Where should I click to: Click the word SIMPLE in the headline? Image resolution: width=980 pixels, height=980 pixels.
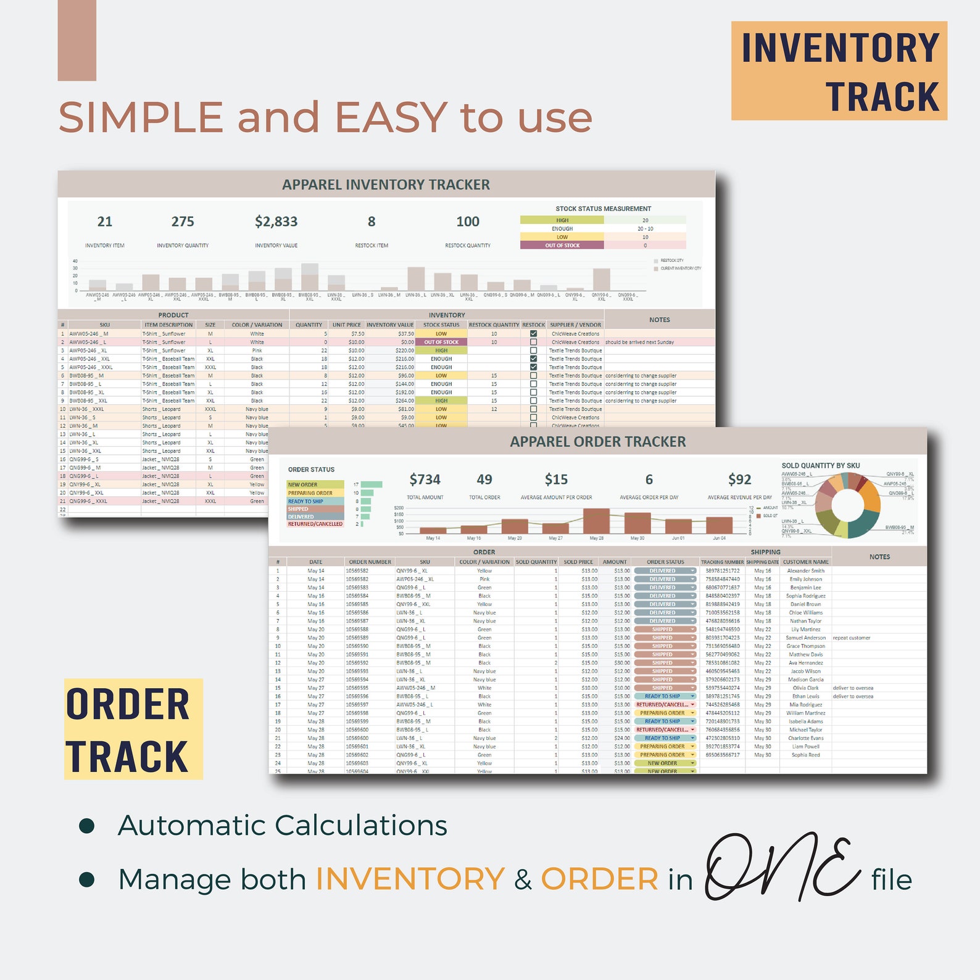click(x=141, y=117)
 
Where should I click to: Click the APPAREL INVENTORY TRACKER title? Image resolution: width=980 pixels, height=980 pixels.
click(x=386, y=185)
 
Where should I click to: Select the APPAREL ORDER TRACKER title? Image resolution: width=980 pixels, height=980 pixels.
click(x=597, y=442)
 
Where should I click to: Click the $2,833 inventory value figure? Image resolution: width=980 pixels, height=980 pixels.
click(x=276, y=222)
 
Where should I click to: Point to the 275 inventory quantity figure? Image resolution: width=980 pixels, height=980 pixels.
click(x=183, y=222)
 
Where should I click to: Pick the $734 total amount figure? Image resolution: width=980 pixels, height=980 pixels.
click(x=425, y=480)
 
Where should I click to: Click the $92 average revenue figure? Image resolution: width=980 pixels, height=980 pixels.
click(x=739, y=480)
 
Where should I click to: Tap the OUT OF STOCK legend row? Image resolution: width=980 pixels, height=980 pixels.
click(x=562, y=246)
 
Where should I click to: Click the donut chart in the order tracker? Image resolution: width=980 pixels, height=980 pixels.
click(x=848, y=505)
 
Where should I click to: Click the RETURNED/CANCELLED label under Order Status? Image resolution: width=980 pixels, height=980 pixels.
click(x=315, y=524)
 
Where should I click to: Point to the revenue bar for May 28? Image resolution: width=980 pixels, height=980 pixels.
click(x=596, y=521)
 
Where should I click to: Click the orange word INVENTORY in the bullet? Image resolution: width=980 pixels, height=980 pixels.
click(x=410, y=879)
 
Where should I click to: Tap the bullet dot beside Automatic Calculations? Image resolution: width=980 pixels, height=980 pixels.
click(x=87, y=826)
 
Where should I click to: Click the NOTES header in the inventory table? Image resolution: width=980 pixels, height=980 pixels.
click(x=659, y=320)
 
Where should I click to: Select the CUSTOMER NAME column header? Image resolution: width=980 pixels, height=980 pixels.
click(x=805, y=562)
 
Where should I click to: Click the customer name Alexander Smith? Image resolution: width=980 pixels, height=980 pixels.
click(x=805, y=571)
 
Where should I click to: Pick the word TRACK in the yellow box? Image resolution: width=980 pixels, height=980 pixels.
click(x=127, y=757)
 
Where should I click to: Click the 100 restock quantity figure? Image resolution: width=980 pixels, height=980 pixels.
click(x=468, y=222)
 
